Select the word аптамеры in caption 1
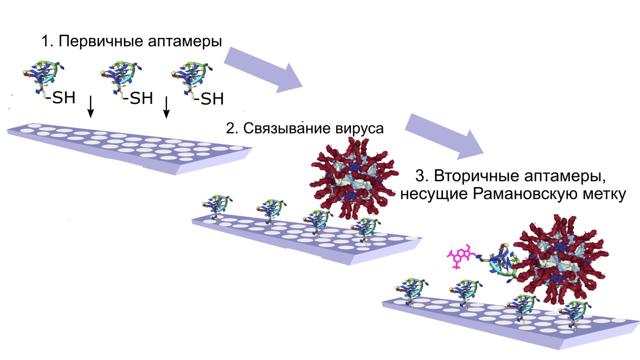[x=185, y=41]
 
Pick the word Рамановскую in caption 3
[x=525, y=194]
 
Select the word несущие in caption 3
[x=433, y=194]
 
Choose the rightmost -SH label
[x=209, y=99]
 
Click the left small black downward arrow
[x=90, y=107]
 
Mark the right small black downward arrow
[x=166, y=107]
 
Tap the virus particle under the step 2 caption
[x=354, y=177]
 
